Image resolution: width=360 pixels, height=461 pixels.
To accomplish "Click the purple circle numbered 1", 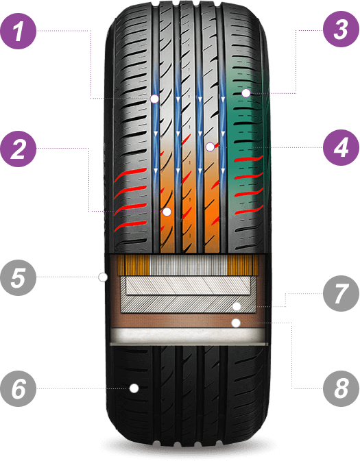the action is point(19,31).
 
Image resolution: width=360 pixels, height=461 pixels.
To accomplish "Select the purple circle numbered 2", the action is point(19,149).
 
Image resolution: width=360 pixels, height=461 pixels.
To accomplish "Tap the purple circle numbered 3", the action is point(341,29).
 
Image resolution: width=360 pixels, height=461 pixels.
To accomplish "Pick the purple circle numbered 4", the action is point(341,147).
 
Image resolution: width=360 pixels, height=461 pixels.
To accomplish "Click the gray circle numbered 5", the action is point(19,277).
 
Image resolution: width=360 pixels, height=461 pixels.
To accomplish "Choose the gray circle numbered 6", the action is point(19,388).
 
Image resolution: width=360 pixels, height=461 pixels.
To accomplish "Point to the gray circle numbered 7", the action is point(341,293).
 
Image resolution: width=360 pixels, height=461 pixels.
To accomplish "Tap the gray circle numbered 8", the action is point(341,388).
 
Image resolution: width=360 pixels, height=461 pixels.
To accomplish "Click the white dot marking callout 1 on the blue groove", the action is point(154,99).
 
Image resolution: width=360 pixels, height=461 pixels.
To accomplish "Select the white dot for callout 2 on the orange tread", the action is point(167,212).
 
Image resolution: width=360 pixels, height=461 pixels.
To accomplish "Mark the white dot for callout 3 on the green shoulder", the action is point(245,93).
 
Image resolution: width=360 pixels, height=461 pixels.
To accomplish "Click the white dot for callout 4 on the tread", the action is point(210,147).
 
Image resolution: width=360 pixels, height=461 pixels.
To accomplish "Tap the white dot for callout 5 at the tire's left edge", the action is point(103,277).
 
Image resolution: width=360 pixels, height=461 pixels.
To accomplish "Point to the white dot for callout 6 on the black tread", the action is point(134,388).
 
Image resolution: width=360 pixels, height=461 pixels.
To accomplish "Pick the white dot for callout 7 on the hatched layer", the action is point(237,307).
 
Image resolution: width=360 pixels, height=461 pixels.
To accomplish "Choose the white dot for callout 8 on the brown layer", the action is point(236,323).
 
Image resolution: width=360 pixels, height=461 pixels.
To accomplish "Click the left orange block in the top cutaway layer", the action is point(134,265).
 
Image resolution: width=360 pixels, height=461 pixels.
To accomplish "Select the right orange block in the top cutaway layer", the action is point(243,265).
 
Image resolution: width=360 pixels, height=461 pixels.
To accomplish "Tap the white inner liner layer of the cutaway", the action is point(189,335).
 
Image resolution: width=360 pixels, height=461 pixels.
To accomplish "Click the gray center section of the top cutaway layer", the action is point(189,265).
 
